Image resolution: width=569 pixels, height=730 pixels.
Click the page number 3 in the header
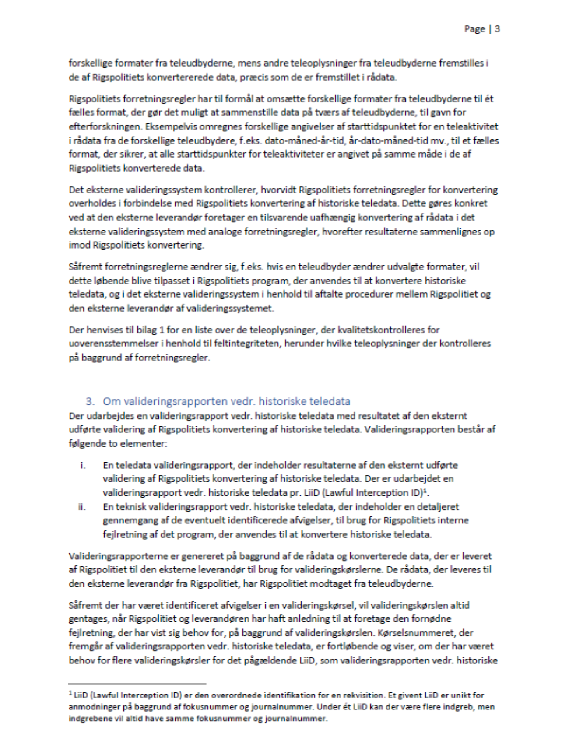pyautogui.click(x=497, y=29)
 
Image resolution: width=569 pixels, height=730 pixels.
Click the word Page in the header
pyautogui.click(x=474, y=29)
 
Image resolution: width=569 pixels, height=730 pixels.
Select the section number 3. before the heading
pyautogui.click(x=90, y=401)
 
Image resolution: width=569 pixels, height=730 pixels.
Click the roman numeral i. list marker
pyautogui.click(x=83, y=465)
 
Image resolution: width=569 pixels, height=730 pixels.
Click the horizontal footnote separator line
pyautogui.click(x=137, y=683)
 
